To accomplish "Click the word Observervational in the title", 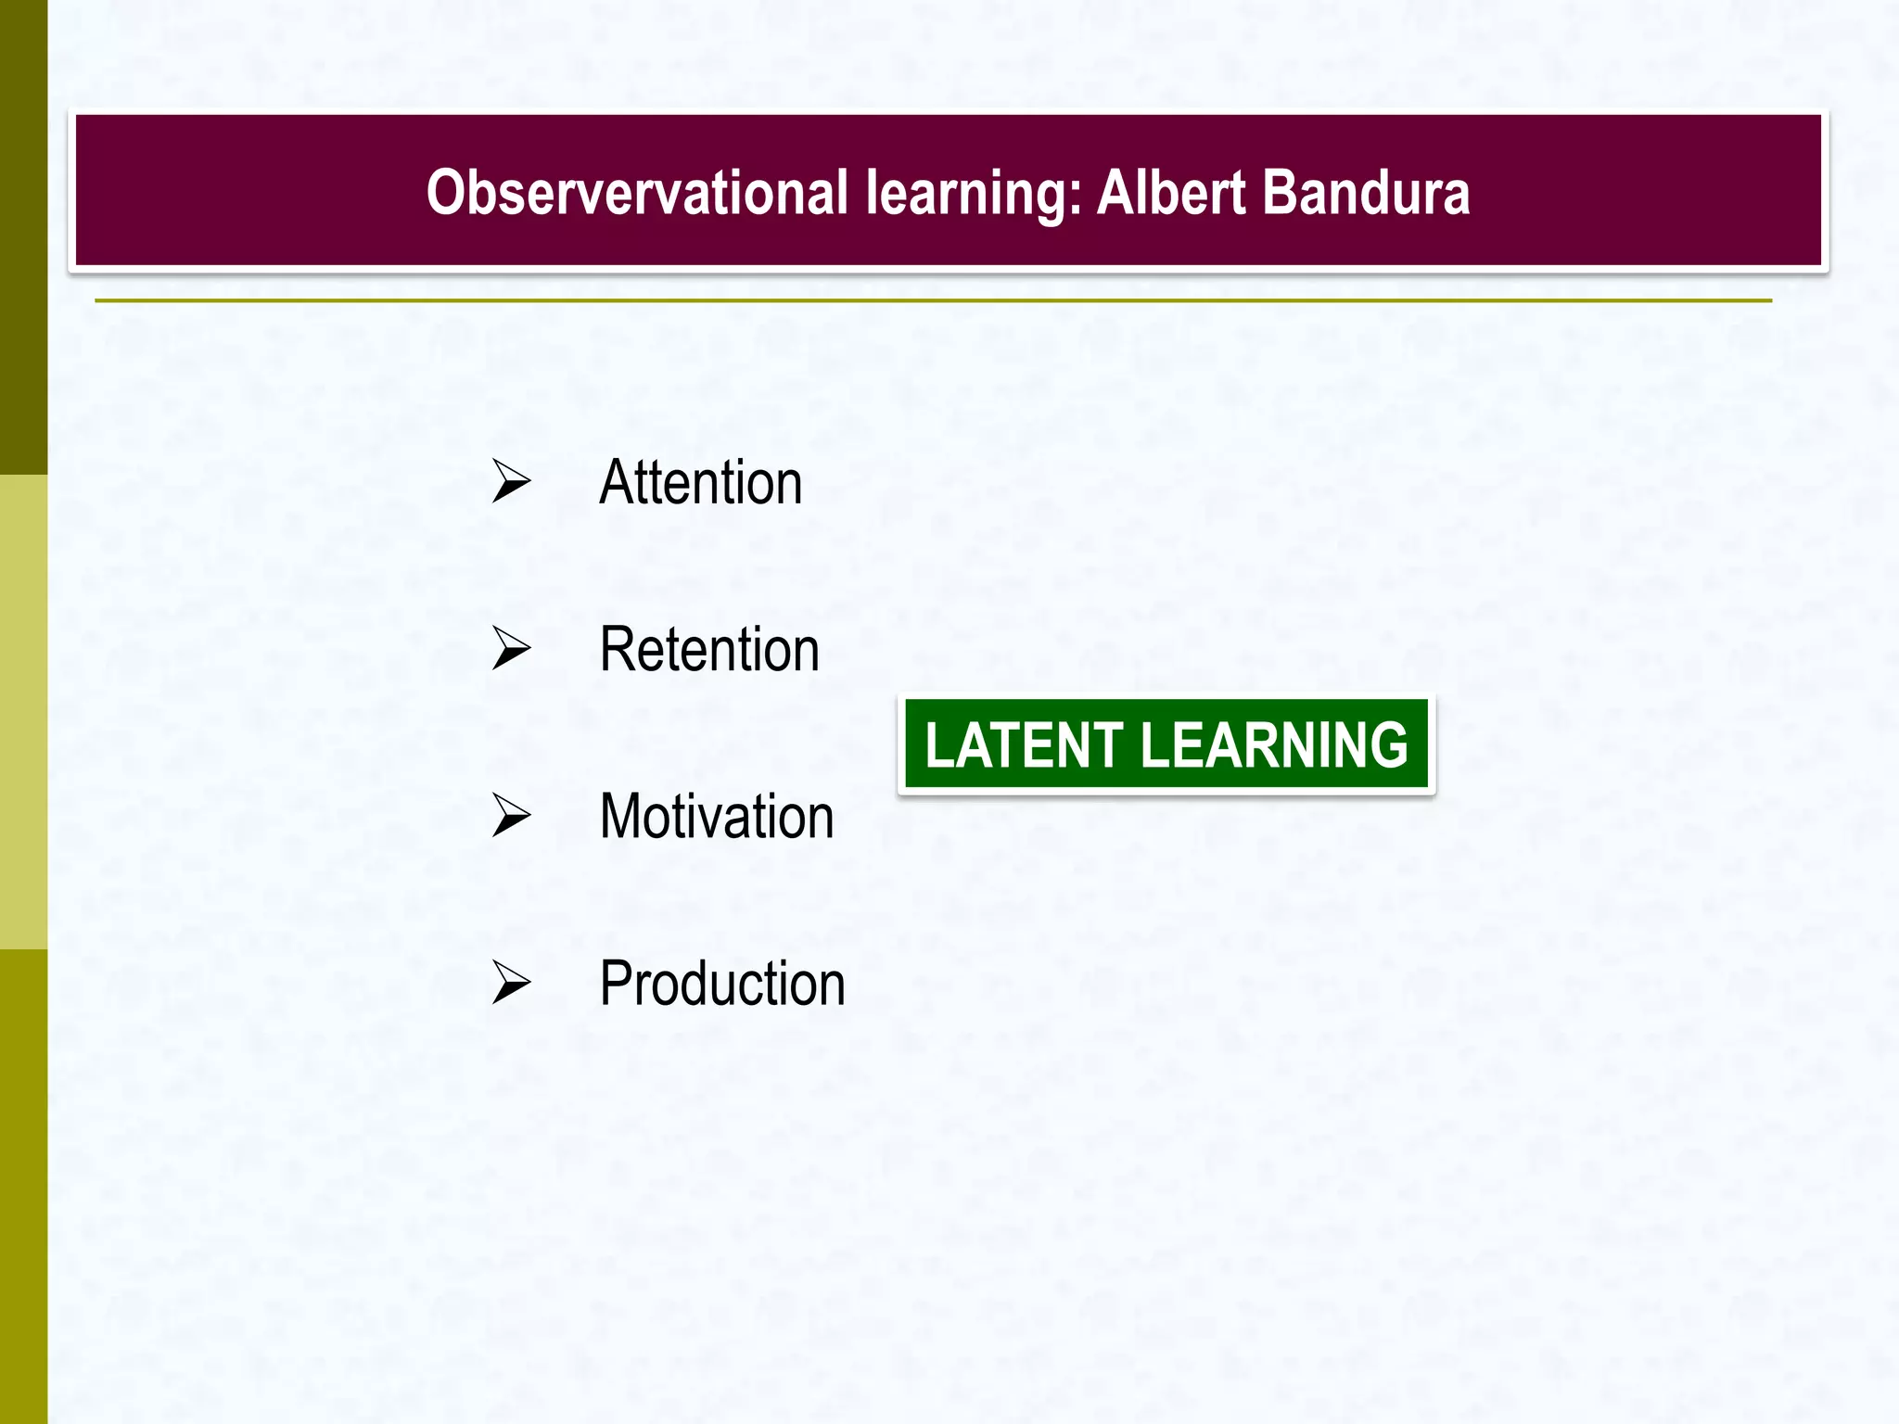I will [x=637, y=193].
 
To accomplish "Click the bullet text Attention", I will [x=701, y=483].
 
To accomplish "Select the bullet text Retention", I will [x=709, y=650].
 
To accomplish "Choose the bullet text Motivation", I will [x=717, y=817].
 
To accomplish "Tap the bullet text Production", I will [x=722, y=984].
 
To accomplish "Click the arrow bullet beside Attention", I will [x=511, y=481].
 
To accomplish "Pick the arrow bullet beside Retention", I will [x=511, y=648].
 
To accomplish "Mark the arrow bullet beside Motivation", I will [x=511, y=815].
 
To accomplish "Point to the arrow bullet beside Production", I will [x=511, y=982].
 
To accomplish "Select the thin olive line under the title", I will [x=933, y=300].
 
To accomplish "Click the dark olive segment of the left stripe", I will [x=23, y=236].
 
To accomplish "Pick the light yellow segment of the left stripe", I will [x=23, y=712].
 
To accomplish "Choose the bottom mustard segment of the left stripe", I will [x=23, y=1187].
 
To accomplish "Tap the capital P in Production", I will [x=617, y=984].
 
